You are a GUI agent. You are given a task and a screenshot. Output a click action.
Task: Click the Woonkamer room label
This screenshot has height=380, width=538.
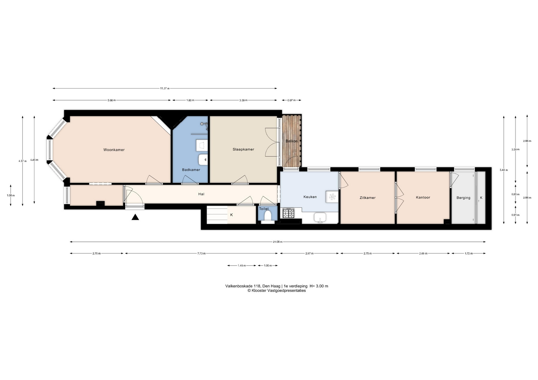point(114,150)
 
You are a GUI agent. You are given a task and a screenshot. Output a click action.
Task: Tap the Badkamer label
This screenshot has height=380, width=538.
point(191,170)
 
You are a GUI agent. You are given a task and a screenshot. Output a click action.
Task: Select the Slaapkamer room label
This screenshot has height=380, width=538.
point(244,149)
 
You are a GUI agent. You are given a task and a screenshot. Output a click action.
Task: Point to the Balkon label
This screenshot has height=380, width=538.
point(292,141)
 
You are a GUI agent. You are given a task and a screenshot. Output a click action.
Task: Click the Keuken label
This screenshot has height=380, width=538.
point(310,197)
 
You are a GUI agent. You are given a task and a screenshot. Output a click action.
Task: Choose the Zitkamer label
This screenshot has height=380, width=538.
point(368,198)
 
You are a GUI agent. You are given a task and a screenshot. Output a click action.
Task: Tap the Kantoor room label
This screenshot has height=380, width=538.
point(423,197)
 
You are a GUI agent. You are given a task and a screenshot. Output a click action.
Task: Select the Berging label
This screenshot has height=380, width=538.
point(463,198)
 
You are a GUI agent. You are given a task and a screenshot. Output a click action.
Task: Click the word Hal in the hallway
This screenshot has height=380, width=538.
point(201,194)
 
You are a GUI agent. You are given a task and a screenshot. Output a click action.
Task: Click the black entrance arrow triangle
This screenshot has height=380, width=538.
point(135,217)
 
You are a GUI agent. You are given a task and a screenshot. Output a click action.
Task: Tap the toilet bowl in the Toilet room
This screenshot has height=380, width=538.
point(268,216)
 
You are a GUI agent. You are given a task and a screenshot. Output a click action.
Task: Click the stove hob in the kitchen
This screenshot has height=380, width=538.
point(289,213)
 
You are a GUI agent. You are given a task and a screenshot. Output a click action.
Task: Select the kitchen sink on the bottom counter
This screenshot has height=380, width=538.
point(320,217)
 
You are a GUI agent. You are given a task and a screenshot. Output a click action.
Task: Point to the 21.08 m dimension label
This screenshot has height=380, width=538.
point(278,242)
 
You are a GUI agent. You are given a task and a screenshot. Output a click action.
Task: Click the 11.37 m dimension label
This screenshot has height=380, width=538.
point(165,88)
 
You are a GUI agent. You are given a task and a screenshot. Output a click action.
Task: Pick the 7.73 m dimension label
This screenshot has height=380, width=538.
point(201,254)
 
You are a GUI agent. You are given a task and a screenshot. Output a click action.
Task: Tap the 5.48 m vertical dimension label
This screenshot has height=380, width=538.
point(504,170)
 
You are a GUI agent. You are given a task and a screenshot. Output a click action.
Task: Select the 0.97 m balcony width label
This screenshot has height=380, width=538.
point(292,100)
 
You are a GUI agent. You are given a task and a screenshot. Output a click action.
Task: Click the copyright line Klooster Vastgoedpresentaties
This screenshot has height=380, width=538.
point(277,291)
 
